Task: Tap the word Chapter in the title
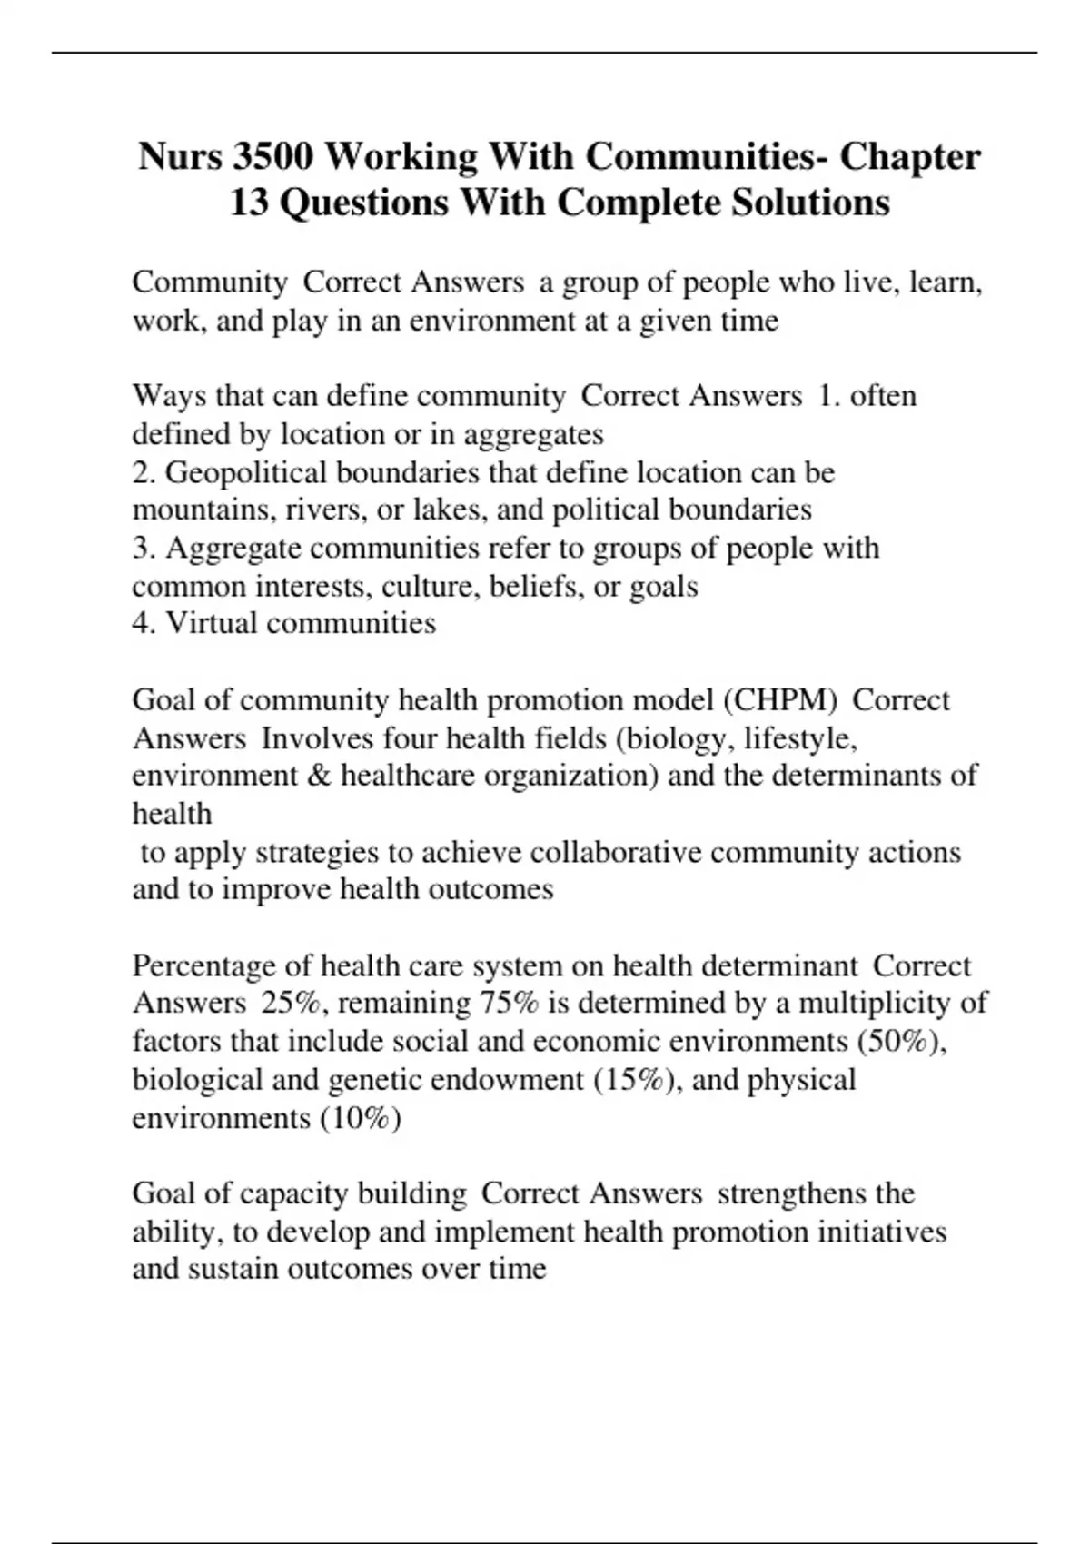click(x=910, y=157)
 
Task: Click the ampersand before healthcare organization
click(x=326, y=777)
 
